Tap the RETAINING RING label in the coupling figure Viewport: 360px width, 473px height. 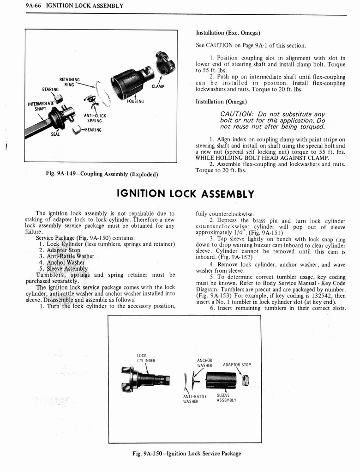tap(69, 82)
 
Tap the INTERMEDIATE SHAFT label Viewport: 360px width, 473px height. tap(41, 106)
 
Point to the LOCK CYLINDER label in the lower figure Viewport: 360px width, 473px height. tap(146, 358)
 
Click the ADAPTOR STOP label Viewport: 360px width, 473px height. tap(237, 365)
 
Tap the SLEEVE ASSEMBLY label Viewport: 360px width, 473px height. tap(226, 398)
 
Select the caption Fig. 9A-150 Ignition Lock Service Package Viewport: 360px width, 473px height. tap(186, 453)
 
